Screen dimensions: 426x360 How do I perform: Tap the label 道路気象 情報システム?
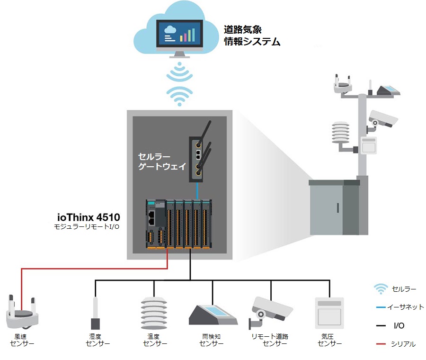pyautogui.click(x=252, y=36)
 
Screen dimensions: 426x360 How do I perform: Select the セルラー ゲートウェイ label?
pyautogui.click(x=162, y=161)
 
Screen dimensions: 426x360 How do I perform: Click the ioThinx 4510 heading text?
pyautogui.click(x=89, y=217)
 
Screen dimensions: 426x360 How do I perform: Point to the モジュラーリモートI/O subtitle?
pyautogui.click(x=87, y=227)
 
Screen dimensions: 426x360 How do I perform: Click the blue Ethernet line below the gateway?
pyautogui.click(x=197, y=191)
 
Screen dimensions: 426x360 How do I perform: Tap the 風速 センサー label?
pyautogui.click(x=22, y=340)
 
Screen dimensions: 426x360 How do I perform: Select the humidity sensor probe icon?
pyautogui.click(x=95, y=313)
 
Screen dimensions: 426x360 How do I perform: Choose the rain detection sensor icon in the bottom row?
pyautogui.click(x=213, y=315)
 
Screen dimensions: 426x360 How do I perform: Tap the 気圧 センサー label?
pyautogui.click(x=329, y=340)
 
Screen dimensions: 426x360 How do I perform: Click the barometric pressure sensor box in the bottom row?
pyautogui.click(x=329, y=313)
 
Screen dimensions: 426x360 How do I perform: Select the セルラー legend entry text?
pyautogui.click(x=404, y=289)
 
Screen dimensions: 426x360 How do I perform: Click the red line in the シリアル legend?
pyautogui.click(x=381, y=344)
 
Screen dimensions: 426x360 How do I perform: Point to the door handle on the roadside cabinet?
pyautogui.click(x=338, y=208)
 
